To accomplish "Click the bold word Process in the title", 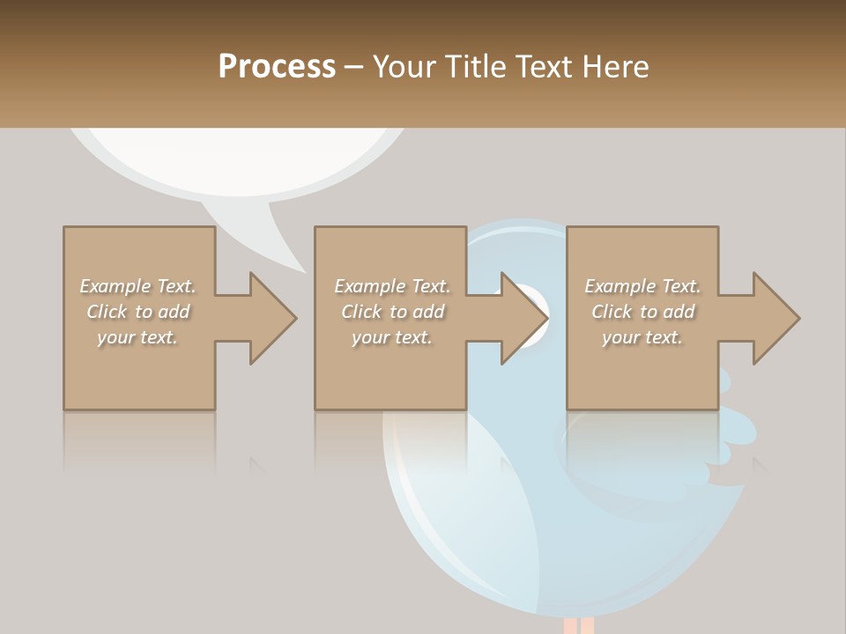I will click(x=277, y=67).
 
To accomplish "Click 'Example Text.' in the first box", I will click(x=137, y=286).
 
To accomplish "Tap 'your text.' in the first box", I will click(x=137, y=337).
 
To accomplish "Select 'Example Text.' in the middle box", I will click(x=391, y=286).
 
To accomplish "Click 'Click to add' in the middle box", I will click(x=391, y=312).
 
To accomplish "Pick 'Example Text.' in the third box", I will click(x=642, y=286).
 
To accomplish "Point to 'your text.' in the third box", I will click(x=642, y=337).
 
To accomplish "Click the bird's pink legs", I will click(x=578, y=625).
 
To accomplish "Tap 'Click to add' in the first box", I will click(x=137, y=312).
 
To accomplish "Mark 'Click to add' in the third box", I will click(x=642, y=312).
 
